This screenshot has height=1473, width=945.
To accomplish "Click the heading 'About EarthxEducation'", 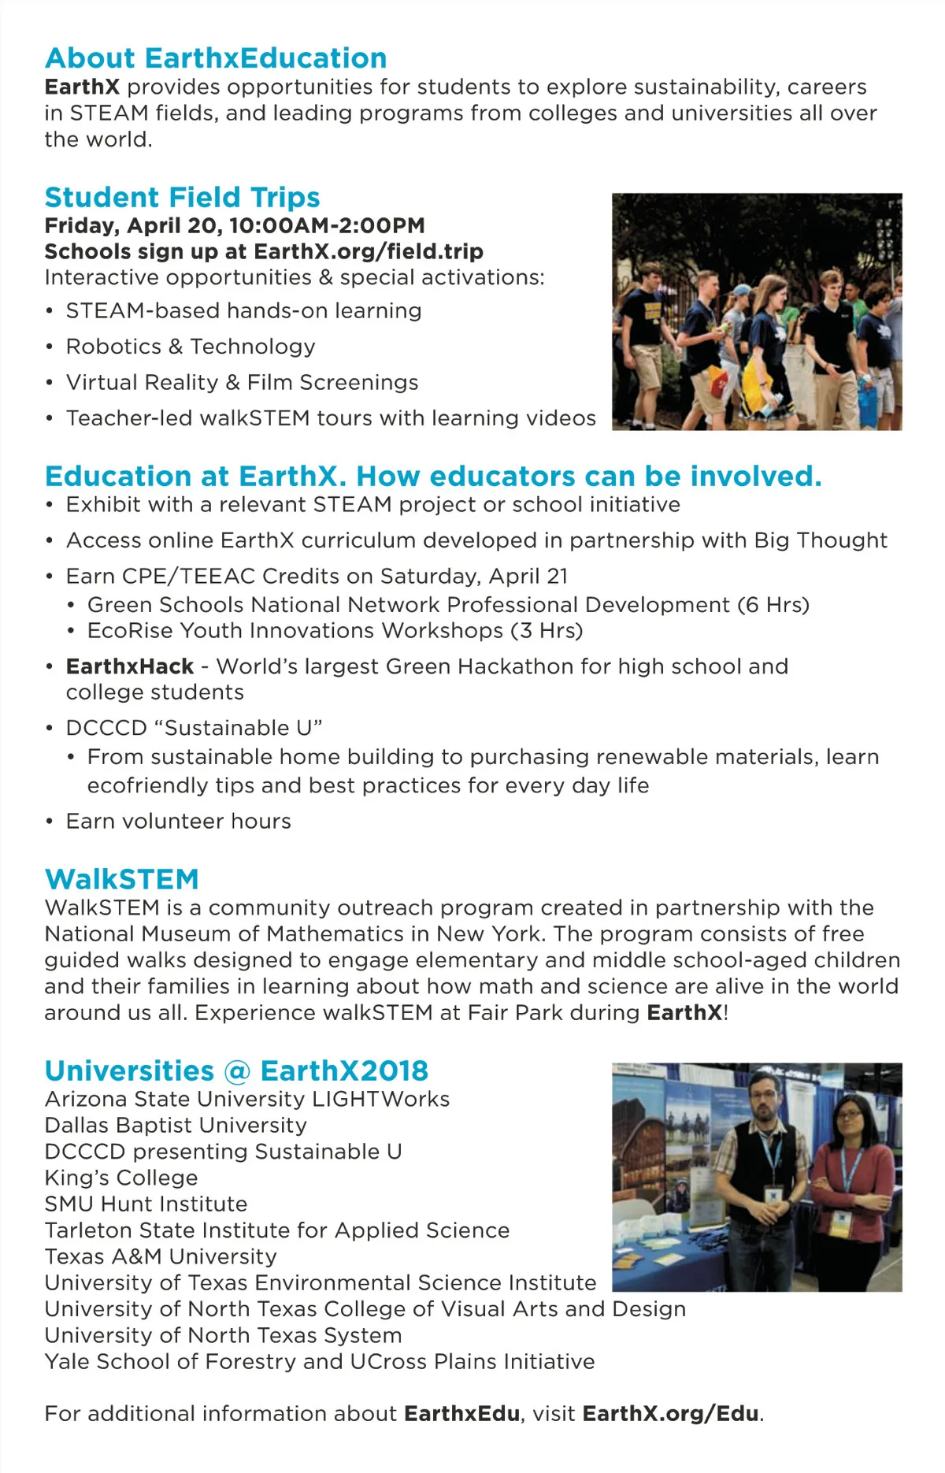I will [216, 58].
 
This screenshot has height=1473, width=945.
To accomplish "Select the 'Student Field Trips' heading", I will [182, 197].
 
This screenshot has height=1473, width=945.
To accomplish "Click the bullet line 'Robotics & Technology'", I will [191, 347].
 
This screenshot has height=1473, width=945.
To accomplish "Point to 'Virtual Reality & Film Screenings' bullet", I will [242, 382].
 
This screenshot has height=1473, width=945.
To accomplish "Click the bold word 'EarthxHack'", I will [130, 666].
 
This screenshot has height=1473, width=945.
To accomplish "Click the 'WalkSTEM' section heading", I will [122, 879].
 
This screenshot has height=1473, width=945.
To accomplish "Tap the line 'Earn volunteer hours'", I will [178, 822].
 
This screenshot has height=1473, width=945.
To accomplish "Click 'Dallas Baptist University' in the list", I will [176, 1126].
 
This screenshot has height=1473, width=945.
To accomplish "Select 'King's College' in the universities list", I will [121, 1178].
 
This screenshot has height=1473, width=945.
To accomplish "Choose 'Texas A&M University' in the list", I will [161, 1256].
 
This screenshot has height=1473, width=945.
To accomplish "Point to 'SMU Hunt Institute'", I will [146, 1204].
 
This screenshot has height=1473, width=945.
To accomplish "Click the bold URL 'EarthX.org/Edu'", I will [671, 1413].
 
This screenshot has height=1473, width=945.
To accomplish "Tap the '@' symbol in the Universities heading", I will [237, 1071].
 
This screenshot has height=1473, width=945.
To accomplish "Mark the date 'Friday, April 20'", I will [132, 225].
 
